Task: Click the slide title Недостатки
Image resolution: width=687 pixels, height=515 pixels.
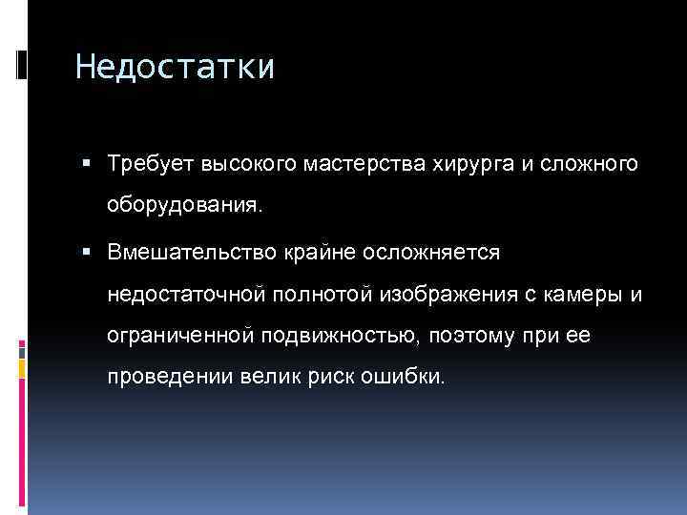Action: coord(175,68)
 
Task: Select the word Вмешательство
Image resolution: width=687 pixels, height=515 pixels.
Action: coord(190,252)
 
